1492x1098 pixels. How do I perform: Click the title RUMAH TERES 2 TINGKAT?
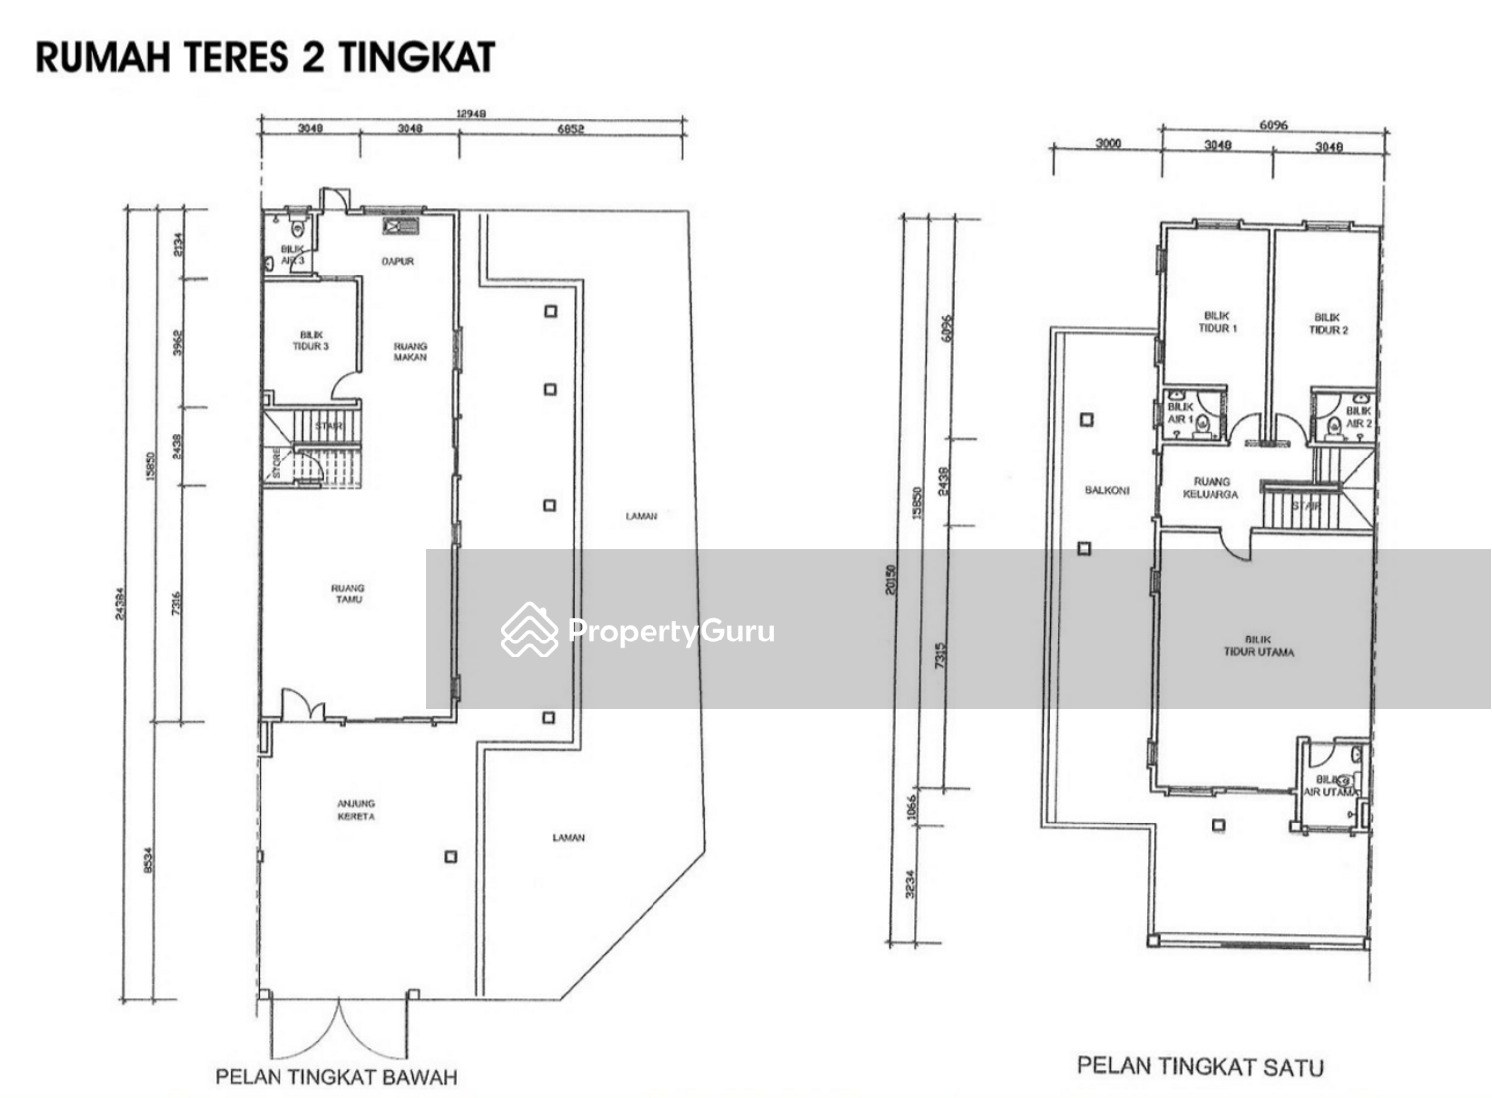point(266,57)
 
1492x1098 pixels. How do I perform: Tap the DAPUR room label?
point(397,262)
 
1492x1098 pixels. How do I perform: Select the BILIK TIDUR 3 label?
point(310,341)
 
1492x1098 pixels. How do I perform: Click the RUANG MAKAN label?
point(410,352)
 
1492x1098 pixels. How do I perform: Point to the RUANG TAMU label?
point(347,594)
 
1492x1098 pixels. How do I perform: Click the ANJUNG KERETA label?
point(356,810)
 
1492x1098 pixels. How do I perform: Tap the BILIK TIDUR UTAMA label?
point(1258,646)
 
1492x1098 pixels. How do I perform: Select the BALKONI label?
point(1106,491)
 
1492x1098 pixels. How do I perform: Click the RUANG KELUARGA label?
point(1211,487)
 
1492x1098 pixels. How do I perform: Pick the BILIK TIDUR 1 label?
point(1216,322)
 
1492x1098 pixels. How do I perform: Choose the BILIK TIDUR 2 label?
point(1328,324)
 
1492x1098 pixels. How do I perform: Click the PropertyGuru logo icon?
point(529,630)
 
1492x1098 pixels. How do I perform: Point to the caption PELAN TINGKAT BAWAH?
point(336,1077)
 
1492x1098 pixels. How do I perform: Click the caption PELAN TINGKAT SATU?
point(1200,1066)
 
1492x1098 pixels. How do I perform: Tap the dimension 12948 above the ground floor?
point(470,114)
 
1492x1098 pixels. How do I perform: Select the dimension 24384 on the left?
point(120,602)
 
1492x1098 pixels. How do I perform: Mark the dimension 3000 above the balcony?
point(1108,144)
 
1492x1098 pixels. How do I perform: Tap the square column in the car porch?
point(450,856)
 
